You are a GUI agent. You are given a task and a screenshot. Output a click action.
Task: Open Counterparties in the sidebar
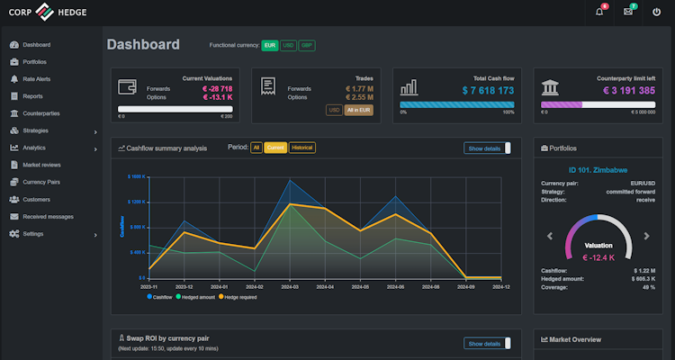click(x=40, y=113)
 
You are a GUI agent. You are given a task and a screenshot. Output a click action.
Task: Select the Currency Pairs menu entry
click(x=40, y=182)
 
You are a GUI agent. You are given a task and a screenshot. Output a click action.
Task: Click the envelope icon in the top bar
click(x=627, y=12)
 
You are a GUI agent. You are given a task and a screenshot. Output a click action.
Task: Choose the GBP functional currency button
click(x=307, y=45)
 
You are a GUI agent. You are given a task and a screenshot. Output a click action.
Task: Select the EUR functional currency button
click(x=270, y=45)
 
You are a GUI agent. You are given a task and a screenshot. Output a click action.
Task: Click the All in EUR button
click(x=359, y=110)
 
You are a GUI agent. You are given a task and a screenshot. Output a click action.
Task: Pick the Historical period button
click(x=302, y=148)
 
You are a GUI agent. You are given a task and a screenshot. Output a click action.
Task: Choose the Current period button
click(x=275, y=148)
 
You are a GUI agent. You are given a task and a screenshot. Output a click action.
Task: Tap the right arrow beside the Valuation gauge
click(x=646, y=237)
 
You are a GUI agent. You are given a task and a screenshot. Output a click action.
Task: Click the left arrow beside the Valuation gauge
click(x=549, y=237)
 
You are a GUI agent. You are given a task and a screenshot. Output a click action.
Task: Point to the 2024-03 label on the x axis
click(x=289, y=286)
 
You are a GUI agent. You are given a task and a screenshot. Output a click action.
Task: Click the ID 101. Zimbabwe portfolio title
click(x=598, y=168)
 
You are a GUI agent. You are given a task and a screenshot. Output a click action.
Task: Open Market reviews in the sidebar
click(x=41, y=165)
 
